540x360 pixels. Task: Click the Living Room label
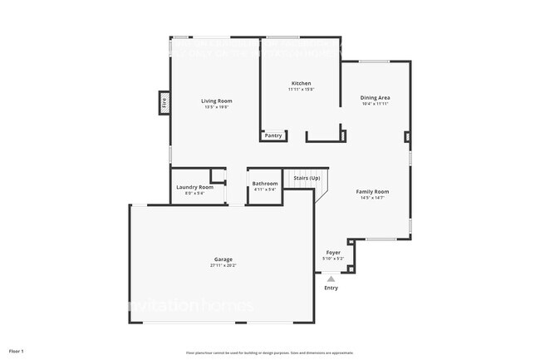tap(216, 101)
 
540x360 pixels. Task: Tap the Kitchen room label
tap(301, 83)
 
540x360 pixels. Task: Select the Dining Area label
tap(376, 97)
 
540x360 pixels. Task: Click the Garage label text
tap(223, 259)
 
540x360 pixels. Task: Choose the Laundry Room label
tap(194, 187)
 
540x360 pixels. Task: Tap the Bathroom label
tap(265, 183)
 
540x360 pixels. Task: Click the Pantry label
tap(273, 135)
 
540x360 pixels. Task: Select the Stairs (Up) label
tap(307, 177)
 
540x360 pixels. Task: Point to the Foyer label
tap(332, 252)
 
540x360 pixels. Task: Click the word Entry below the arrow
tap(331, 288)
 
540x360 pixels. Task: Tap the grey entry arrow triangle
tap(331, 279)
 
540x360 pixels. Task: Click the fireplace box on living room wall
tap(164, 103)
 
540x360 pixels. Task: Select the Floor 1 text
tap(17, 352)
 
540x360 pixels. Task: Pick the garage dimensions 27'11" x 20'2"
tap(223, 265)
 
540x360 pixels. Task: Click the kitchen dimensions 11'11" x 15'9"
tap(301, 89)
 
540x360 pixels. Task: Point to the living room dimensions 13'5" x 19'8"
tap(216, 107)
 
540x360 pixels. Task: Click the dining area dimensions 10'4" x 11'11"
tap(376, 104)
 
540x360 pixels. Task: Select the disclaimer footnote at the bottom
tap(269, 353)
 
